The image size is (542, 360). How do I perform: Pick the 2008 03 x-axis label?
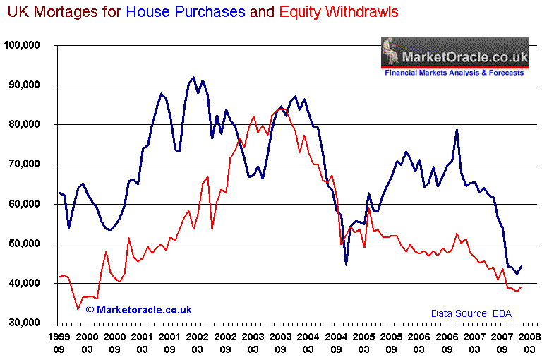529,342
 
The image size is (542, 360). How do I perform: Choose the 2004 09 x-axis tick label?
337,342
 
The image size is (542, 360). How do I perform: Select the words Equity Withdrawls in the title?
337,12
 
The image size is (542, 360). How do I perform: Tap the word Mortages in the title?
69,12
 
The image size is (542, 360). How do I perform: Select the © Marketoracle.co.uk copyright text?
139,310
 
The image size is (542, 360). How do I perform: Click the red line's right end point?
521,287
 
